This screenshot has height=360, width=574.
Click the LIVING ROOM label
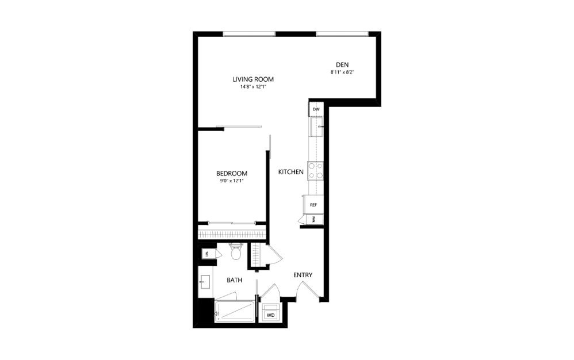252,79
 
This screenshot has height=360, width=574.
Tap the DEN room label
343,64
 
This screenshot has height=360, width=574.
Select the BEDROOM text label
231,174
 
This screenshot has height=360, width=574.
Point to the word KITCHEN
290,172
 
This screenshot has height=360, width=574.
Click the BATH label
234,281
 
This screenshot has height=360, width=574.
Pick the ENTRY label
303,275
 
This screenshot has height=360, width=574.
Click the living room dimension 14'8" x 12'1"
252,87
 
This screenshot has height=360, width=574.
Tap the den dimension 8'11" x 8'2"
343,72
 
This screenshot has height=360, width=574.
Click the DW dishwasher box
316,109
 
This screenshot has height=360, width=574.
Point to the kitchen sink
317,125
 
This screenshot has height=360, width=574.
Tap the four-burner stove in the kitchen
315,170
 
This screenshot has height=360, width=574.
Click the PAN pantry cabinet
313,219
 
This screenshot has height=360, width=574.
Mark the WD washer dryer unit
269,315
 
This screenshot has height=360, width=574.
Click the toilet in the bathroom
235,251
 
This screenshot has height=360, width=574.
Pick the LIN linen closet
205,254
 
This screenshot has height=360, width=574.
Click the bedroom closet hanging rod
232,233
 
